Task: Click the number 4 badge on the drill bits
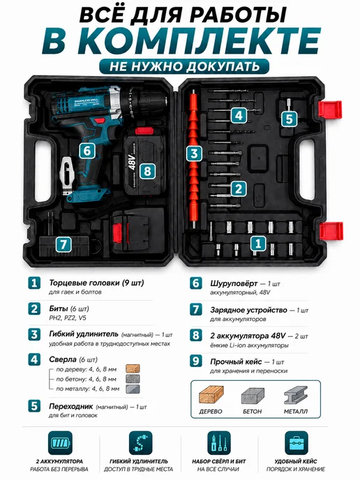(239, 115)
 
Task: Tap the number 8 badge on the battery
(147, 171)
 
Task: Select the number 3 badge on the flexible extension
(194, 153)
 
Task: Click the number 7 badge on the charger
(63, 244)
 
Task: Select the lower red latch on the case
(331, 232)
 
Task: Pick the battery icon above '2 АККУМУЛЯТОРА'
(60, 442)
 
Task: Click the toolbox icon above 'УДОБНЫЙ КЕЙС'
(297, 442)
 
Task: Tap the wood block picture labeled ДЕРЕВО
(211, 394)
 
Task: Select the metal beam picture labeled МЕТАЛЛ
(295, 395)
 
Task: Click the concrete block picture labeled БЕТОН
(253, 396)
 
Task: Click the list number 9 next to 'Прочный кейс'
(195, 361)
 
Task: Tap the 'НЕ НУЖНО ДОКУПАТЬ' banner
(184, 66)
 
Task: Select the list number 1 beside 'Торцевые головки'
(34, 283)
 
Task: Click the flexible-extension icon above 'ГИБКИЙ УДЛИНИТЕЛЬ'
(140, 442)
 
